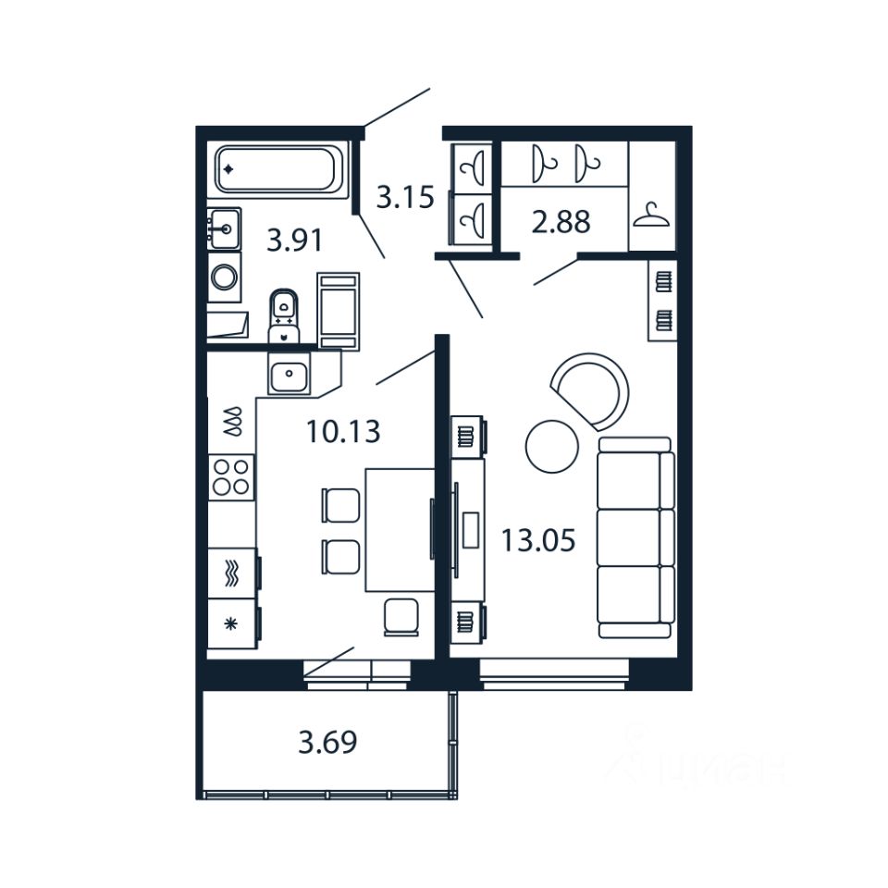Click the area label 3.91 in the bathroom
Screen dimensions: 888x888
pos(294,241)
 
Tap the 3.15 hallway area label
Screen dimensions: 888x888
pos(404,197)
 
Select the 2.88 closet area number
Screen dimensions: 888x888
pos(561,222)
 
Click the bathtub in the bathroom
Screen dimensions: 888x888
pos(278,170)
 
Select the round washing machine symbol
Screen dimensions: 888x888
pos(224,277)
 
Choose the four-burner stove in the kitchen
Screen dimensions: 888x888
pos(230,476)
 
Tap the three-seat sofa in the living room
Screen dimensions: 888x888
pos(635,537)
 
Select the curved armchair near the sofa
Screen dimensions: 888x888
pos(592,388)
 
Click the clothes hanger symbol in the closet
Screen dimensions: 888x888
pos(651,216)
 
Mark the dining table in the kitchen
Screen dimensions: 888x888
pos(400,529)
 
